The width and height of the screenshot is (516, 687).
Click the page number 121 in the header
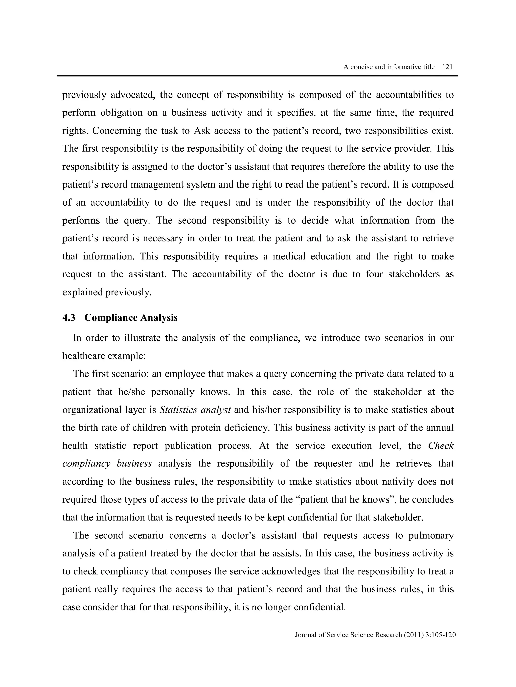(447, 67)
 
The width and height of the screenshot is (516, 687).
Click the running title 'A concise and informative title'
(389, 67)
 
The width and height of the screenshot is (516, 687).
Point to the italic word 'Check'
(441, 445)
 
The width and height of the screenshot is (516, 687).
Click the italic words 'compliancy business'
(107, 463)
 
